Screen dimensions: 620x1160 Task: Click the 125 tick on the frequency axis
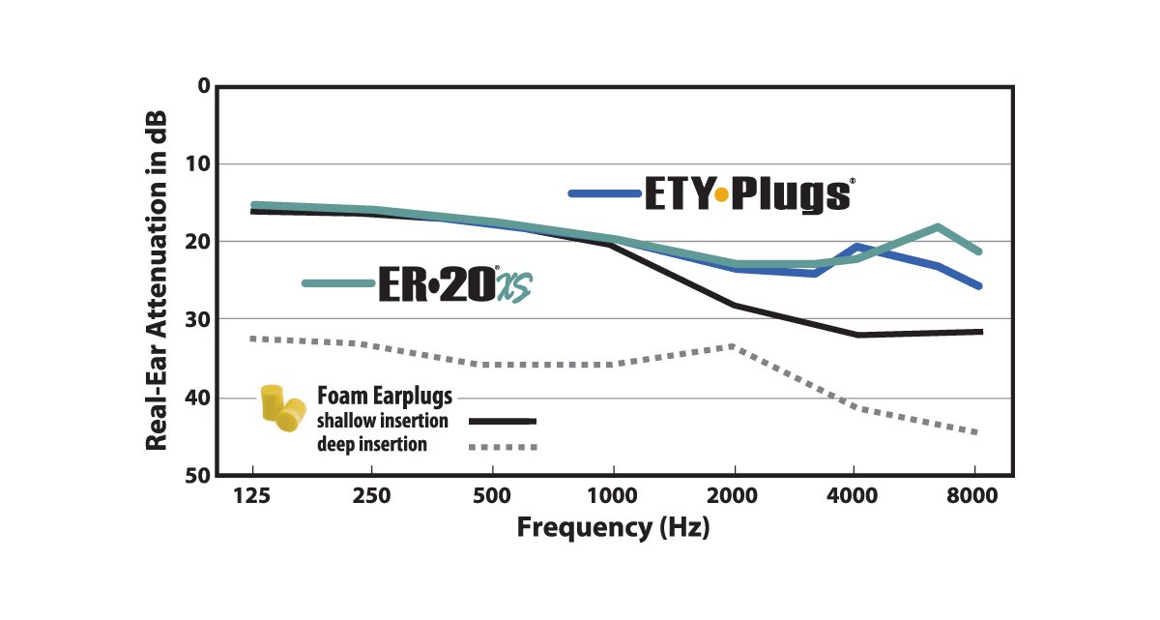252,496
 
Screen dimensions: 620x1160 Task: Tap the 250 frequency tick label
372,496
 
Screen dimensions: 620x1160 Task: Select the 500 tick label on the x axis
492,496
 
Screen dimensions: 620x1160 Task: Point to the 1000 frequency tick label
612,496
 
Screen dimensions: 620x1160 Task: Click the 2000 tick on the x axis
734,496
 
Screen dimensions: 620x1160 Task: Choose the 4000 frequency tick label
854,496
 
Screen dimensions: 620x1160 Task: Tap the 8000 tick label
973,496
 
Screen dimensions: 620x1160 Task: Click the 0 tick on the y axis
203,85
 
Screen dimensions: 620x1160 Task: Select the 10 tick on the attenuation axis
197,163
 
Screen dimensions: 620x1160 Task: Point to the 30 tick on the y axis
197,319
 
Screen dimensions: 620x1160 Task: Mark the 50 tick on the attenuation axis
197,475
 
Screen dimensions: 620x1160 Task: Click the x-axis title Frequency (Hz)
613,528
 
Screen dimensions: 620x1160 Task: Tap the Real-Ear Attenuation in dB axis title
158,280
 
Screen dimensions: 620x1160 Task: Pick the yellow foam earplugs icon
282,407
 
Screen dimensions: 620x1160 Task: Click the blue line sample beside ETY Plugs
605,194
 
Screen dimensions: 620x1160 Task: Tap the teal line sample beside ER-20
337,283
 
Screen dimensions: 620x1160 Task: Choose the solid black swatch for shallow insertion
502,421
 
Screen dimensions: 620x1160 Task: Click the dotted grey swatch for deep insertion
502,446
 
